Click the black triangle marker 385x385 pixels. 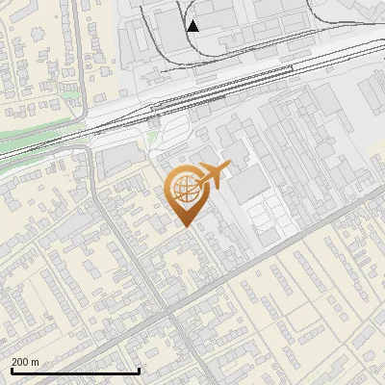193,26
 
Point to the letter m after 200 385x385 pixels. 35,362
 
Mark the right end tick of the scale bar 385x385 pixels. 140,370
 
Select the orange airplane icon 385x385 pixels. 212,175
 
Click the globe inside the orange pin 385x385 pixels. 185,189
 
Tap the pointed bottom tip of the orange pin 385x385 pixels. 185,227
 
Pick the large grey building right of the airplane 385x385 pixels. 248,183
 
